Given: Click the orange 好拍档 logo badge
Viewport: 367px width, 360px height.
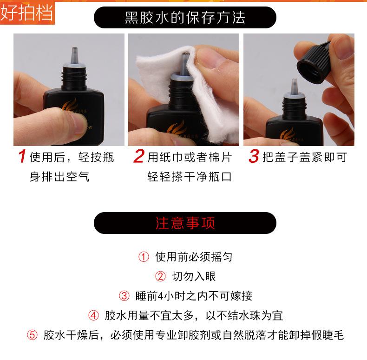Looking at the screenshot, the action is click(x=27, y=13).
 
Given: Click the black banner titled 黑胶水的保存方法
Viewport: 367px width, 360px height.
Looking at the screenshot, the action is click(x=185, y=18).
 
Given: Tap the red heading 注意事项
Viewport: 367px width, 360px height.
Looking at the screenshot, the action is click(x=185, y=223).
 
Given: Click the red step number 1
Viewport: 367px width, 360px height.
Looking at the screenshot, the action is click(x=22, y=156).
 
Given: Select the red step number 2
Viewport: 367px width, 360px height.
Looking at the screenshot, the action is click(x=139, y=156).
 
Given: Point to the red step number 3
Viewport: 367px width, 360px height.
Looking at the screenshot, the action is click(x=254, y=156).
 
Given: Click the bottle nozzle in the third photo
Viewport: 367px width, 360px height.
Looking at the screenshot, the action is click(x=294, y=87).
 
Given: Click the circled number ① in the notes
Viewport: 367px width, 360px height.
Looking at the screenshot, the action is click(x=144, y=257).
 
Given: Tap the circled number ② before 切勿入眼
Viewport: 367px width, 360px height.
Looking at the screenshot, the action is click(x=161, y=276).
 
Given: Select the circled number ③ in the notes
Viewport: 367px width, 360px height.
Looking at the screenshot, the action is click(x=125, y=296).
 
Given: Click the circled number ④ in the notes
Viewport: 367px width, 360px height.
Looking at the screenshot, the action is click(x=94, y=315).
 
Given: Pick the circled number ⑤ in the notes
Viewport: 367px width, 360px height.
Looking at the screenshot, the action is click(x=32, y=335).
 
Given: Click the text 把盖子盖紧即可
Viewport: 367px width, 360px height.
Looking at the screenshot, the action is click(x=304, y=157).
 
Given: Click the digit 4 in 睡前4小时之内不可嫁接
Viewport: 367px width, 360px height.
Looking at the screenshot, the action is click(x=160, y=296).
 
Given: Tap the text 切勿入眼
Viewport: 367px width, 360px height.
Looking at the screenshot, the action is click(x=194, y=276).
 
